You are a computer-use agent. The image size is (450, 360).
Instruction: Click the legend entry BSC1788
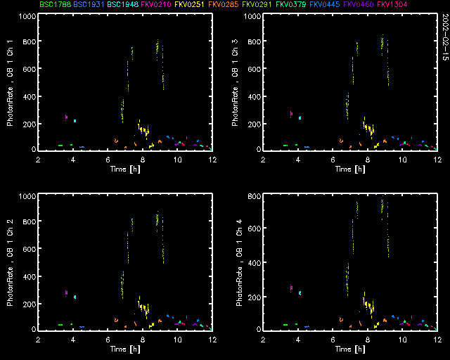click(55, 4)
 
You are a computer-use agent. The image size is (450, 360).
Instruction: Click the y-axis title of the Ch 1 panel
click(11, 83)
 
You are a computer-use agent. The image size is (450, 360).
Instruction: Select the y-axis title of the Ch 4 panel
click(236, 263)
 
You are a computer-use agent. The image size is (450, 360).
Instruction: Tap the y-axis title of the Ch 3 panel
click(236, 83)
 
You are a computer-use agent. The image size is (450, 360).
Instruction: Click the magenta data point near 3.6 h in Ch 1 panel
click(66, 117)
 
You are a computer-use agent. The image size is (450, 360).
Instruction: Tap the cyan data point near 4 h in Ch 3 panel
click(300, 117)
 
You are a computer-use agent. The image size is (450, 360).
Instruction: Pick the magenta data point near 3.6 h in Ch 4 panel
click(291, 287)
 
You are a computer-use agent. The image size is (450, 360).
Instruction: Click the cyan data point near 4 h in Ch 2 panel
click(75, 297)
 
